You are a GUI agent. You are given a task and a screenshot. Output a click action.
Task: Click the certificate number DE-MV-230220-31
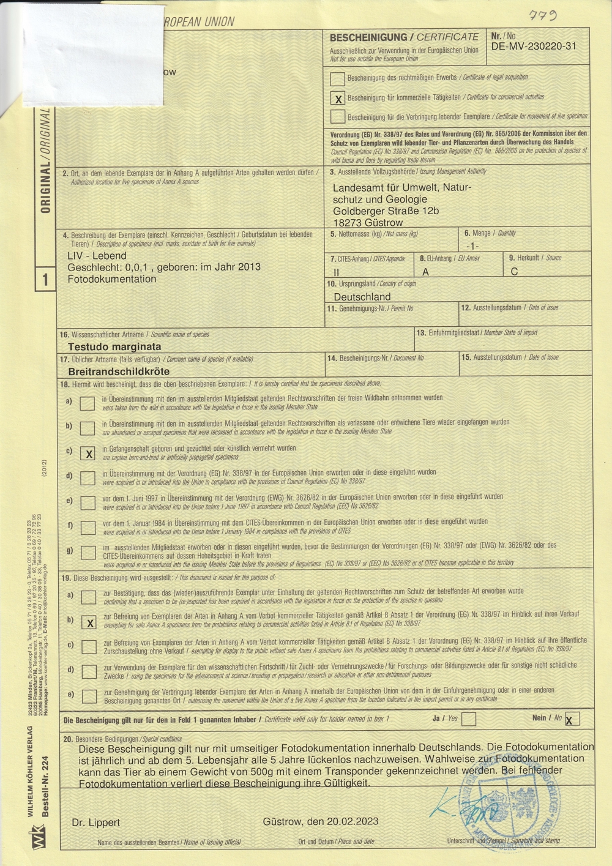pyautogui.click(x=533, y=46)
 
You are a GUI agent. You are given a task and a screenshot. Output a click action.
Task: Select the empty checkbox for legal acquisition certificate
pyautogui.click(x=337, y=78)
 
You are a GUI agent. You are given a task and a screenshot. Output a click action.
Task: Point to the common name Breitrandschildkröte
pyautogui.click(x=119, y=371)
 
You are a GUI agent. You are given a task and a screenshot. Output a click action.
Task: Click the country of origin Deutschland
pyautogui.click(x=362, y=297)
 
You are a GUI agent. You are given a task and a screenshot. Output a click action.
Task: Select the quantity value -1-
pyautogui.click(x=472, y=245)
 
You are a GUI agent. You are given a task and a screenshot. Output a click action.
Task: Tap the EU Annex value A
pyautogui.click(x=425, y=272)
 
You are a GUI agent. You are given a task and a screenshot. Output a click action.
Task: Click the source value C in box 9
pyautogui.click(x=514, y=272)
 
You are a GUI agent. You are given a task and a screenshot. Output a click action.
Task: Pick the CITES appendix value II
pyautogui.click(x=336, y=272)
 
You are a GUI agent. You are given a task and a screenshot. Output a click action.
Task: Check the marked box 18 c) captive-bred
pyautogui.click(x=89, y=454)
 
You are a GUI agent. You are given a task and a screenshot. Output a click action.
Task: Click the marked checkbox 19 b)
pyautogui.click(x=89, y=622)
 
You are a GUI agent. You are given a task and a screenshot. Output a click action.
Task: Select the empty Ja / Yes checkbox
pyautogui.click(x=469, y=719)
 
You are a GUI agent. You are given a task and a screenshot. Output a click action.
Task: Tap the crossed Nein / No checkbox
pyautogui.click(x=572, y=719)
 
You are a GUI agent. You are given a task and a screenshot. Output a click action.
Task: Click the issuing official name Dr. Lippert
pyautogui.click(x=96, y=823)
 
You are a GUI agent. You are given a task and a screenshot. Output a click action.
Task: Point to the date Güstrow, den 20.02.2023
pyautogui.click(x=321, y=821)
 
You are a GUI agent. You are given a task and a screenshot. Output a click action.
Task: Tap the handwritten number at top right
pyautogui.click(x=543, y=17)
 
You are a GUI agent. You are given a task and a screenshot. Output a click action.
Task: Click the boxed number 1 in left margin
pyautogui.click(x=45, y=280)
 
